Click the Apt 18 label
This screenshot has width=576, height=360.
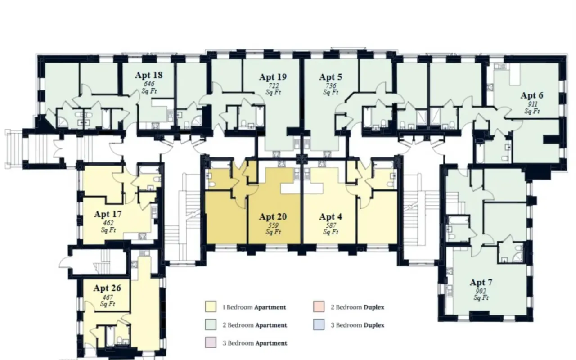[x=148, y=75]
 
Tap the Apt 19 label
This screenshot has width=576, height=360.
[x=273, y=77]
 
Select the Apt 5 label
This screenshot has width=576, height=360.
[x=331, y=77]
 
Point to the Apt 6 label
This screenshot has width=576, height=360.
[x=532, y=95]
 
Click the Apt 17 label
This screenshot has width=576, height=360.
[x=108, y=214]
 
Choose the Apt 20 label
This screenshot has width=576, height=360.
[x=273, y=216]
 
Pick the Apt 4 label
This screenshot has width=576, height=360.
[x=331, y=216]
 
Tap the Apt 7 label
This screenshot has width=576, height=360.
[x=481, y=282]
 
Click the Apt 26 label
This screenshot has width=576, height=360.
[x=107, y=288]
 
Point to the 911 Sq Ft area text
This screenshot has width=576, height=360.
[x=532, y=108]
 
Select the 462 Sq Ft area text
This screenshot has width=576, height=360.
[x=108, y=226]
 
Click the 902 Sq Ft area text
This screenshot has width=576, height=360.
[x=481, y=294]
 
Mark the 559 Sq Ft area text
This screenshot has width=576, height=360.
[x=273, y=229]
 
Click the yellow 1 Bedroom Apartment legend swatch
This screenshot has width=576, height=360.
[x=211, y=306]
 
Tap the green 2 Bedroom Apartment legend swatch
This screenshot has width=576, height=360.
[x=211, y=324]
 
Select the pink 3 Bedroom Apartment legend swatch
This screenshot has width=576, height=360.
[x=211, y=342]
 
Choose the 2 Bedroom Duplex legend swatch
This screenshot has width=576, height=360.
[x=319, y=306]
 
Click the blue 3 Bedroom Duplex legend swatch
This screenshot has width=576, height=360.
[x=319, y=324]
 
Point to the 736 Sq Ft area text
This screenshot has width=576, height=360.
[x=331, y=89]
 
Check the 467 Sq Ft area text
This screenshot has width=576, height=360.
[x=108, y=301]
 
